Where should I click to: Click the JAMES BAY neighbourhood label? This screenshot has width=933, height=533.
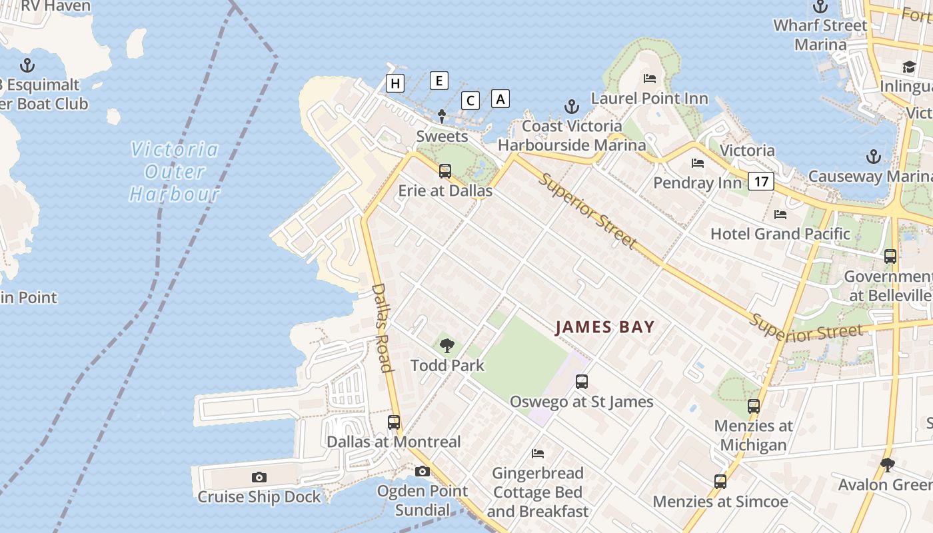(605, 327)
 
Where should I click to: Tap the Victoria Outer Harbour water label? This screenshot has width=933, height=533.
(175, 171)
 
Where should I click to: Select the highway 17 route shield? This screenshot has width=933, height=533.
(760, 181)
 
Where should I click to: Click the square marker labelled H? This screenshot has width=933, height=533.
(395, 83)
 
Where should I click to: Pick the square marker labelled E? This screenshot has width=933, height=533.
(439, 81)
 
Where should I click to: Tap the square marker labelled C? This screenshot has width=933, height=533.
(470, 101)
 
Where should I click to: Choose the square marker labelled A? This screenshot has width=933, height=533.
(500, 98)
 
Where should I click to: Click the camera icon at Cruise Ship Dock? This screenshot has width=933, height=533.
(259, 477)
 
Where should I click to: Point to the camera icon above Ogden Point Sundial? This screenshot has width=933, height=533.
(422, 472)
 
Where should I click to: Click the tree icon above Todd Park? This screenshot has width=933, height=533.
(447, 345)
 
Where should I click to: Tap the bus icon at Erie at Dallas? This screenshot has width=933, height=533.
(445, 171)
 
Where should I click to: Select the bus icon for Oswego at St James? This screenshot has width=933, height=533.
(582, 382)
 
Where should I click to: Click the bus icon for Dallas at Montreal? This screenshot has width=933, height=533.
(394, 422)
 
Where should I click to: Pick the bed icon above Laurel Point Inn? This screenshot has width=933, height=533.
(650, 79)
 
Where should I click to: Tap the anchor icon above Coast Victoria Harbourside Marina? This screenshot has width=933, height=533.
(571, 107)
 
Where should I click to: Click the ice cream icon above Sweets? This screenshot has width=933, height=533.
(442, 117)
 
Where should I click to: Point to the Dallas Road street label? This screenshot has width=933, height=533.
(381, 327)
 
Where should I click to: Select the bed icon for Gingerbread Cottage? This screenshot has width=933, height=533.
(538, 454)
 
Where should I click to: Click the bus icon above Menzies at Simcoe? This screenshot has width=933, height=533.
(720, 481)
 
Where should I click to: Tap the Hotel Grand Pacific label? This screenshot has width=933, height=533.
(780, 234)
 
